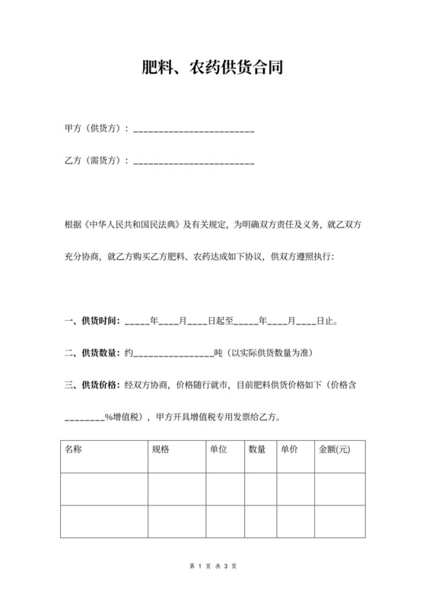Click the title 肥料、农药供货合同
click(x=213, y=68)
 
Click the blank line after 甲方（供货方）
click(x=193, y=131)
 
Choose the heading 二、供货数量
click(x=93, y=353)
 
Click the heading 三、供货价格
click(x=93, y=385)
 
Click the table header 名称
click(x=74, y=449)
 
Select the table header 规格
click(x=161, y=449)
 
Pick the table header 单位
click(x=218, y=449)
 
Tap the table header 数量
click(x=257, y=449)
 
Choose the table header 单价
click(x=289, y=449)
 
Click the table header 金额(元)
click(x=335, y=449)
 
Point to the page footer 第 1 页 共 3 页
click(x=213, y=566)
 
